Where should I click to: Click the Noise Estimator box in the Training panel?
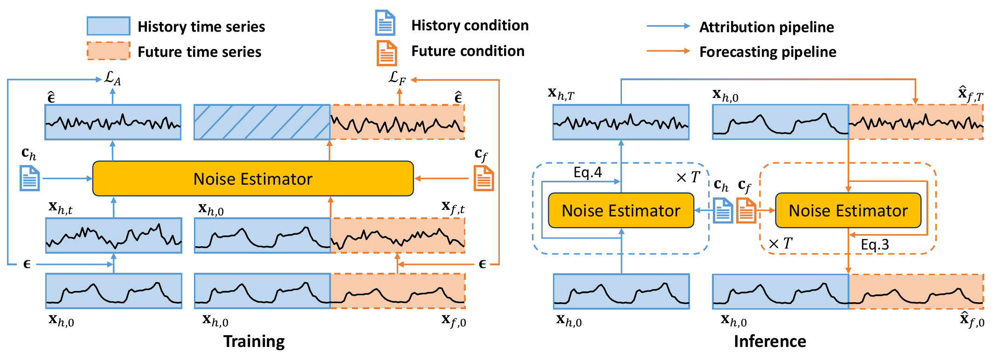pyautogui.click(x=253, y=179)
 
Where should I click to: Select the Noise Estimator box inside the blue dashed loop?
pyautogui.click(x=621, y=210)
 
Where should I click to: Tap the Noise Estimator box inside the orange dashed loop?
pyautogui.click(x=848, y=210)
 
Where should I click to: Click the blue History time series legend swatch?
pyautogui.click(x=108, y=26)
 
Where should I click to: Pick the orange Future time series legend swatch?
pyautogui.click(x=108, y=51)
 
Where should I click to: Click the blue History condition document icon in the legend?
pyautogui.click(x=386, y=23)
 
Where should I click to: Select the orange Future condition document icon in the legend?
pyautogui.click(x=387, y=53)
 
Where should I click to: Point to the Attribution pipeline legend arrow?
pyautogui.click(x=669, y=26)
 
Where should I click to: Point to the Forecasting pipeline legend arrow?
pyautogui.click(x=669, y=51)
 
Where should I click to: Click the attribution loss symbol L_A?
pyautogui.click(x=112, y=78)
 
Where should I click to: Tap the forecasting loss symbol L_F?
pyautogui.click(x=397, y=78)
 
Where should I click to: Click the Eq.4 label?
pyautogui.click(x=587, y=173)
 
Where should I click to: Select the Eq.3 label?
pyautogui.click(x=875, y=245)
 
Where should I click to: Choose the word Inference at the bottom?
pyautogui.click(x=770, y=341)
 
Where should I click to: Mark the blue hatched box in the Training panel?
pyautogui.click(x=262, y=122)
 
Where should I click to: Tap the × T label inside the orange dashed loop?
pyautogui.click(x=780, y=243)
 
